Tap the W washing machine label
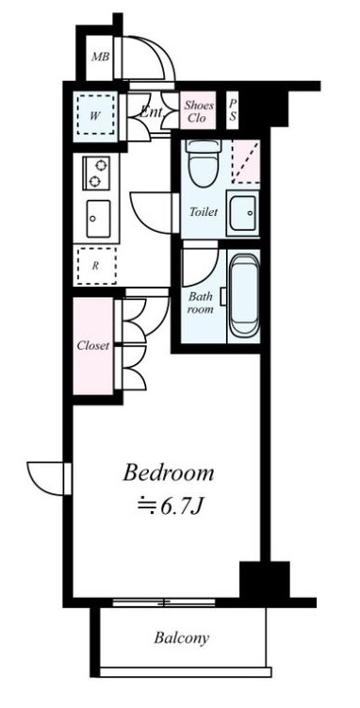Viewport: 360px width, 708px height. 96,116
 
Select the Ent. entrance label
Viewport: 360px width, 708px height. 150,112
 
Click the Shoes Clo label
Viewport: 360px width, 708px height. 197,112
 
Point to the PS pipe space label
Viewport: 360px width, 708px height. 233,112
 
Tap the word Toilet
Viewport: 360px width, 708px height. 203,212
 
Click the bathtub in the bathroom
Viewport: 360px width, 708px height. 243,299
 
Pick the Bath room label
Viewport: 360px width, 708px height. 200,303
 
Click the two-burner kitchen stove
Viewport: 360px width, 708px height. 97,172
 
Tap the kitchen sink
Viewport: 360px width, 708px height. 97,220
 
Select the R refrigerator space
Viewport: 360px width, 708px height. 96,266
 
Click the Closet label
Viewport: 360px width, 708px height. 92,345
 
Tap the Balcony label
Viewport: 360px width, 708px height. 181,638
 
